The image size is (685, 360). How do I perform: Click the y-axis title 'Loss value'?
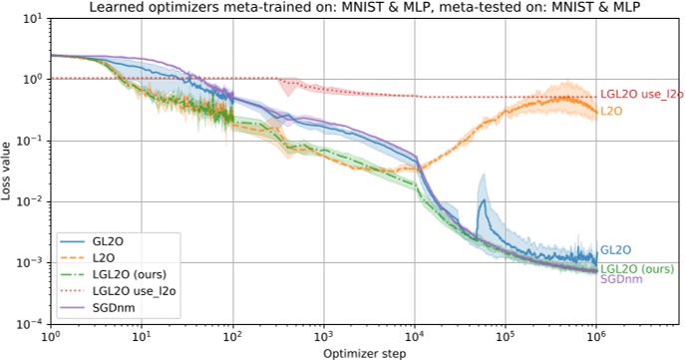tap(7, 171)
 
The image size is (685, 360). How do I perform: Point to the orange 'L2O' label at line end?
tap(611, 110)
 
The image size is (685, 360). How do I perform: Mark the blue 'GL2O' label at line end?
tap(615, 250)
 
